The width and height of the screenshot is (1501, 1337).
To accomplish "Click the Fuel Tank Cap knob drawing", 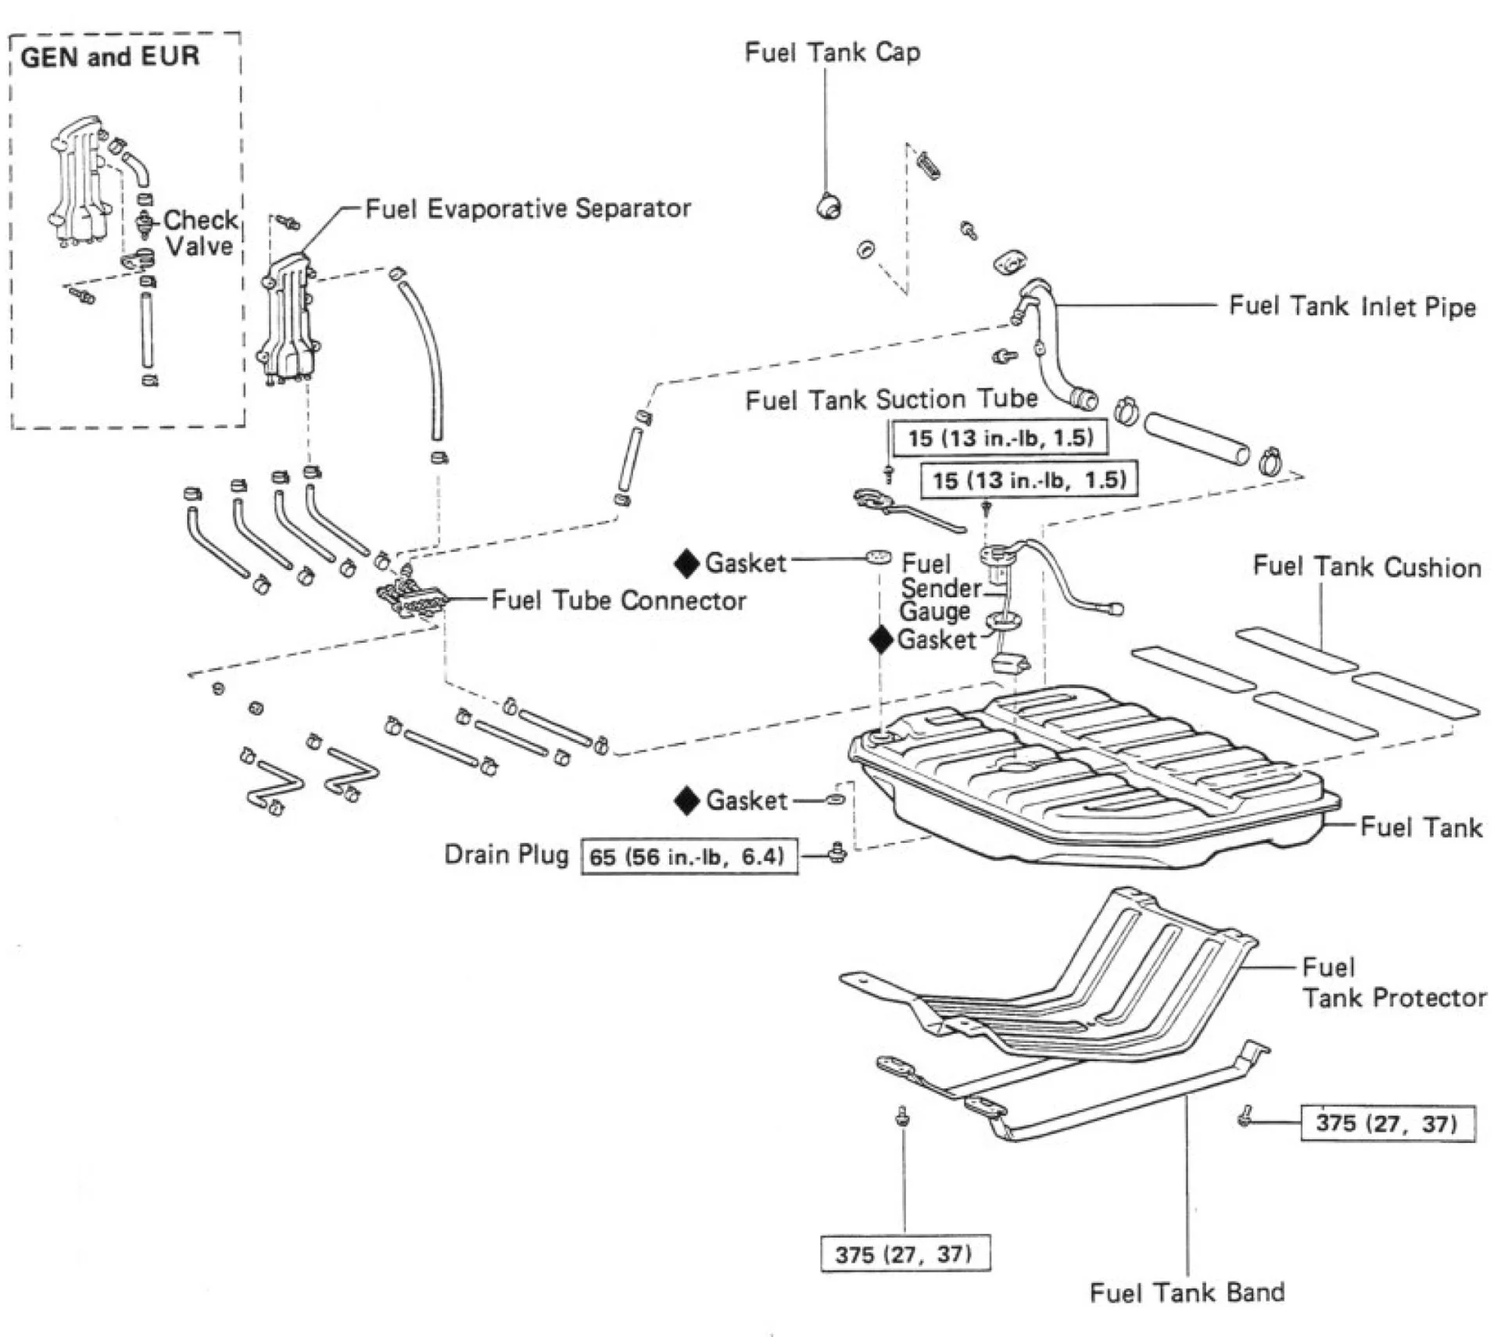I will (829, 206).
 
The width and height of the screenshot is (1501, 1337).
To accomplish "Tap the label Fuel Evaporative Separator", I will (528, 209).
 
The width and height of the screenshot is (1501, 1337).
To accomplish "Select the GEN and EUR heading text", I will (110, 57).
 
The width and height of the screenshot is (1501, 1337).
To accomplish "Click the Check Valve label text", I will (200, 233).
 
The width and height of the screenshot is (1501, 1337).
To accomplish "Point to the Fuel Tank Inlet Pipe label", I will (1352, 306).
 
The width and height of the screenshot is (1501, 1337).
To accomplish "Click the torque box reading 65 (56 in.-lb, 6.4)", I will (689, 857).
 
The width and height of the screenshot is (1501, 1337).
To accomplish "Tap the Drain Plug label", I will (506, 855).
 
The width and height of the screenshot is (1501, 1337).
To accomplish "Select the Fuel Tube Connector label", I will (618, 600).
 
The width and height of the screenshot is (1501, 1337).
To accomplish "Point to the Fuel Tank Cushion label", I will (1367, 567).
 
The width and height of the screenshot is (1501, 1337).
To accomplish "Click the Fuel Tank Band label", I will (1187, 1292).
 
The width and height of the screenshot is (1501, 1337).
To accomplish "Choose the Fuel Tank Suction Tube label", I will (891, 400).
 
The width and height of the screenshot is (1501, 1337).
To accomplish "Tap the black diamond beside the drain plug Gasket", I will (686, 801).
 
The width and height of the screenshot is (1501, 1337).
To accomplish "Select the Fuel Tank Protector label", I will (1392, 983).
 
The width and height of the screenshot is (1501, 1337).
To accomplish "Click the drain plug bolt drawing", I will (837, 852).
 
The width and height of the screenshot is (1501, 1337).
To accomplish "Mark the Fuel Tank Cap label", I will (832, 53).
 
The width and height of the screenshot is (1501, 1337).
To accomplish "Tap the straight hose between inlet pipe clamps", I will (1196, 439).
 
